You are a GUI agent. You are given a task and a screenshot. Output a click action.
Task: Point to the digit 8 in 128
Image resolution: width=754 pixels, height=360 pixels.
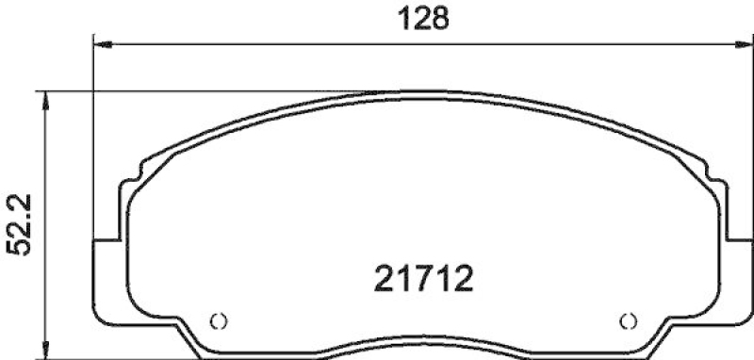[x=438, y=18]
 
